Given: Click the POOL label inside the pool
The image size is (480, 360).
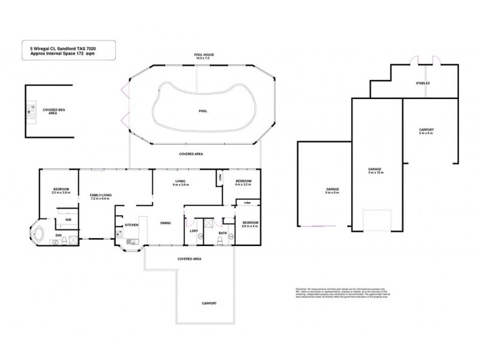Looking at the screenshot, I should coord(203,112).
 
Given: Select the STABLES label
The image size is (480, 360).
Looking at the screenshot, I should coord(422,83).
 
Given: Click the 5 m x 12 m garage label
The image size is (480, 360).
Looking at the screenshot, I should coord(375,172).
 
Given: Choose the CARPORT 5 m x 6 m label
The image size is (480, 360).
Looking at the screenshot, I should coord(427,131).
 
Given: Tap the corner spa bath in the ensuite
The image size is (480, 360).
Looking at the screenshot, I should coord(38,233).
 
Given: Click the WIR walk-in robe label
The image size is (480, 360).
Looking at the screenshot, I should coord(59,220).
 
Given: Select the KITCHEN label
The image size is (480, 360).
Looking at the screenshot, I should coord(132,225).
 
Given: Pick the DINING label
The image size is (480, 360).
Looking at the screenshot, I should coord(166,223).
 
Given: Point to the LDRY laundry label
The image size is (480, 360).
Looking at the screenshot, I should coord(193,231).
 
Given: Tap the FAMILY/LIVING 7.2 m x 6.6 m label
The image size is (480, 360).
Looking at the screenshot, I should coord(100,197).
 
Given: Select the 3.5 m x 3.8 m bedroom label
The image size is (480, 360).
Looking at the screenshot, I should coord(61,191).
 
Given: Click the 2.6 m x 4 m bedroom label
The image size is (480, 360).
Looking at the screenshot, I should coord(248,223).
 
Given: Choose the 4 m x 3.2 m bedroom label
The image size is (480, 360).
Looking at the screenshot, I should coord(243,183).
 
